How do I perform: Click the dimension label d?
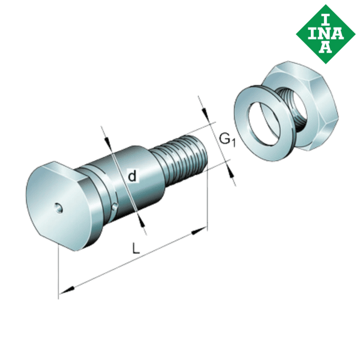133,176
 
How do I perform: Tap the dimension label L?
137,247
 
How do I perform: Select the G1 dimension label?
226,140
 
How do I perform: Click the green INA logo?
325,32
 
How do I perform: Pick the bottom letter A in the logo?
325,47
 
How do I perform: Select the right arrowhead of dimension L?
198,232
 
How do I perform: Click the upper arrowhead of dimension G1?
205,114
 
